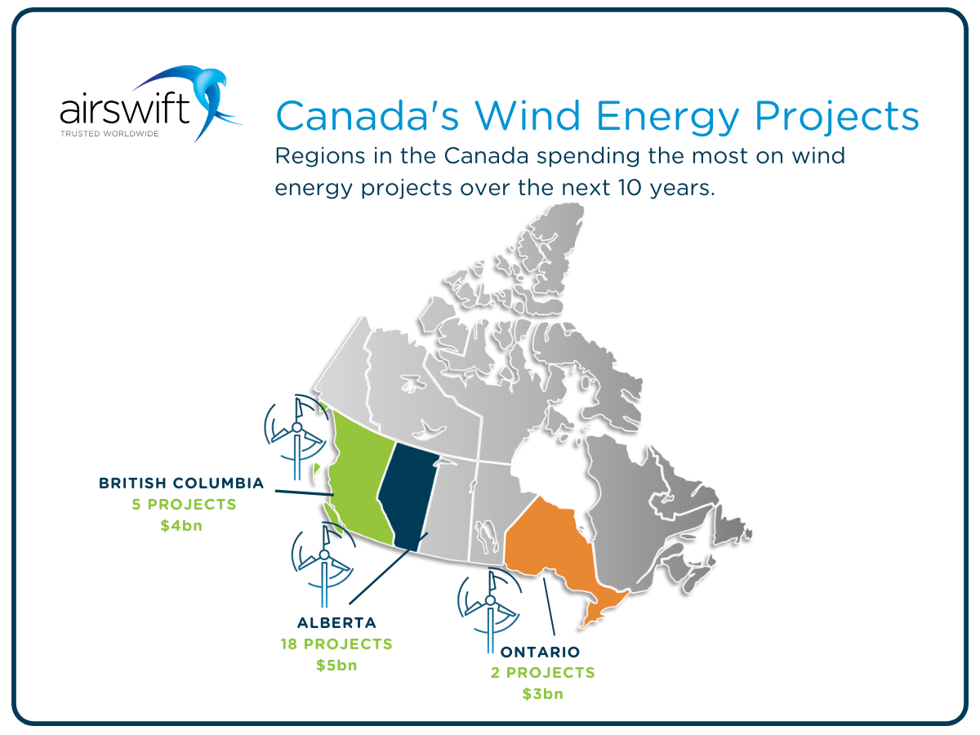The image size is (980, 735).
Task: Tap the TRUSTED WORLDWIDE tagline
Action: coord(109,132)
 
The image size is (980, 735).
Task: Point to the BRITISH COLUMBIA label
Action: coord(181,483)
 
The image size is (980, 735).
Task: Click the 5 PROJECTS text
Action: coord(184,505)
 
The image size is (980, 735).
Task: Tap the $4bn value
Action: coord(181,526)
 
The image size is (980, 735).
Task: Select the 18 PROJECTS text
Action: coord(336,644)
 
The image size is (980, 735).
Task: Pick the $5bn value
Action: coord(336,665)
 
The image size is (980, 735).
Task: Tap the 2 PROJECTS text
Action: coord(543,673)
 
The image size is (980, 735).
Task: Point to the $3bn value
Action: coord(543,694)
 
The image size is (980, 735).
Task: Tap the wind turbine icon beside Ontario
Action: coord(490,608)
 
